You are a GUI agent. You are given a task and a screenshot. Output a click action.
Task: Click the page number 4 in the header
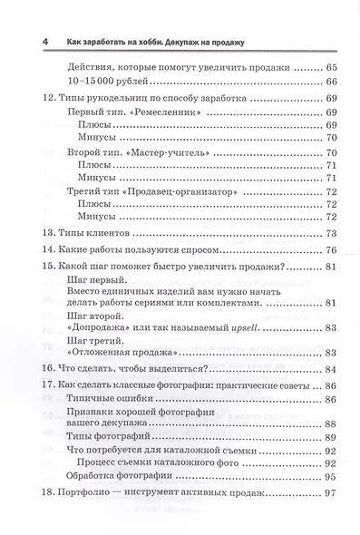click(33, 43)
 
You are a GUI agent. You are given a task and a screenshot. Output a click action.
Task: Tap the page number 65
click(331, 68)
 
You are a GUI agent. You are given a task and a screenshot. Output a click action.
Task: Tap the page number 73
click(331, 235)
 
